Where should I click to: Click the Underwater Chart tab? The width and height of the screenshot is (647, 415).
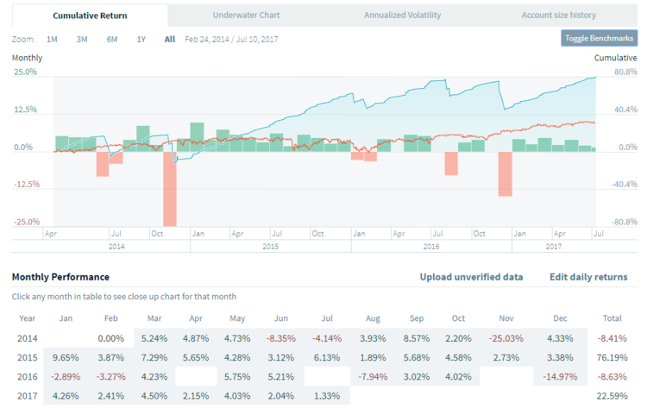(246, 15)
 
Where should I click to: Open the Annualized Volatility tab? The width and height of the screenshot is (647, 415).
(402, 15)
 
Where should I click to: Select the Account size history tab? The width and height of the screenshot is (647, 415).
(558, 15)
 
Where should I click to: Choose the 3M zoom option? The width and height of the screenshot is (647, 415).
(82, 39)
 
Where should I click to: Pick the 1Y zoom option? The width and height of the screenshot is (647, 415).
(141, 39)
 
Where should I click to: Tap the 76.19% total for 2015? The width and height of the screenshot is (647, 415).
(610, 356)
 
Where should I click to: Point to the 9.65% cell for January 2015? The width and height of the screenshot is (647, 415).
(66, 356)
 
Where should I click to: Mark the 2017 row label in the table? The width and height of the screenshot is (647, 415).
(28, 396)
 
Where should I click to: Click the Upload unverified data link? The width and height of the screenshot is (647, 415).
(471, 277)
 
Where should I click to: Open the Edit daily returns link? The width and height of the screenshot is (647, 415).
(588, 277)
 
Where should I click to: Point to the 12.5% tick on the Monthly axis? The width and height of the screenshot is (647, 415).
(25, 110)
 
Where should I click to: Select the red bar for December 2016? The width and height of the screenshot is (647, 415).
(505, 173)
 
